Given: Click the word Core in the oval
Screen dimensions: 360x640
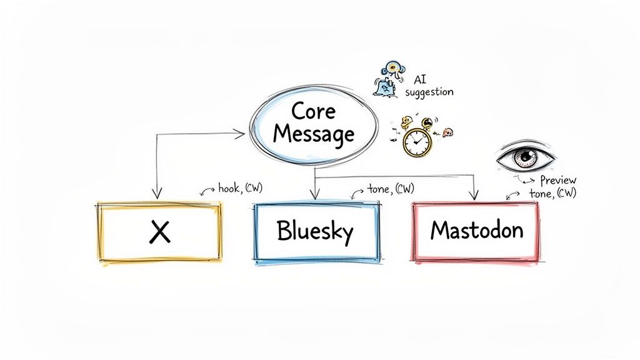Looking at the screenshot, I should coord(313,111).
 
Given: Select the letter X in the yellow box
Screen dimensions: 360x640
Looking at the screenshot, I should coord(160,232).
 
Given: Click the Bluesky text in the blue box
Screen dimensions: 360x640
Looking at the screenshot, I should coord(315,232).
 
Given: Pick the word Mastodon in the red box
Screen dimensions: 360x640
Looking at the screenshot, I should coord(476,230).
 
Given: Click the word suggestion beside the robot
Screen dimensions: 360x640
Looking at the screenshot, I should coord(429,92).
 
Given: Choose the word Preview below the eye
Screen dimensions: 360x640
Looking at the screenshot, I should coord(558,180).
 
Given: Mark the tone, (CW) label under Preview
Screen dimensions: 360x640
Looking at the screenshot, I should coord(552,193).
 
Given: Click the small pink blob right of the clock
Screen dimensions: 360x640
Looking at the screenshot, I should coord(447,132).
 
